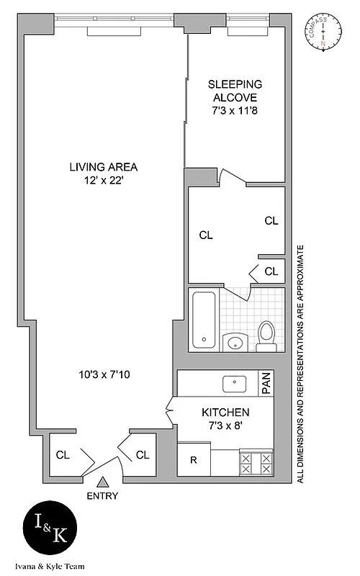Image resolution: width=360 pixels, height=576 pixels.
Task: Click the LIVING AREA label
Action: (103, 167)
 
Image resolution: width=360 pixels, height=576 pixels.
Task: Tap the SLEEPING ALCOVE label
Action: (233, 91)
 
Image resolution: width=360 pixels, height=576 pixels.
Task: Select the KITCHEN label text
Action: (225, 413)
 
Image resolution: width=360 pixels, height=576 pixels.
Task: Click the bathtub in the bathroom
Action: (205, 320)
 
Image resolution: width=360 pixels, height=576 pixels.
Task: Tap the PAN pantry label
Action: (266, 384)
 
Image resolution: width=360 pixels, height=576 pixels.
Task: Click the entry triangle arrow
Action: (103, 482)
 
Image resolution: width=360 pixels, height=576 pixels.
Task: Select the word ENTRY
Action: (103, 496)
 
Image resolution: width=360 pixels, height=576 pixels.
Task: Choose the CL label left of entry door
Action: (63, 455)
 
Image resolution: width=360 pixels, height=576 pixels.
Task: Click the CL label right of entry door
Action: (143, 455)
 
